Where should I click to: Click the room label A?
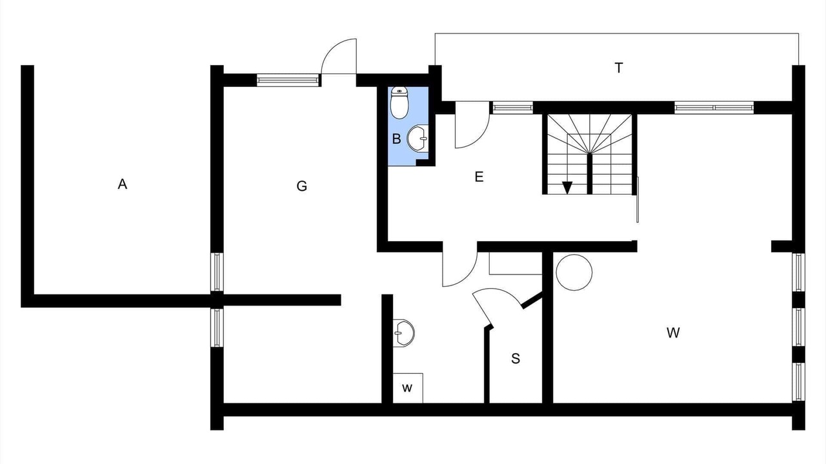(123, 185)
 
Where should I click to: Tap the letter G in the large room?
(301, 187)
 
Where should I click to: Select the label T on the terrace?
(619, 68)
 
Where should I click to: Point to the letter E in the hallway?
(479, 177)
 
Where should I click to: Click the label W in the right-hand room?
(673, 333)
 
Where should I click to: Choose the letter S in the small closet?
(516, 359)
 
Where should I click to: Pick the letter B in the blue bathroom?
(397, 138)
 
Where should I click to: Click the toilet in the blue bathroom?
(400, 103)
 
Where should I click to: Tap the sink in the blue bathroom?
(418, 137)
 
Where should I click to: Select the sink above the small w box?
(404, 333)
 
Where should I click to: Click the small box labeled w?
(408, 388)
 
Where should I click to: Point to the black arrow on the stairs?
(567, 188)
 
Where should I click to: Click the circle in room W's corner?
(574, 273)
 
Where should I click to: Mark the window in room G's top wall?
(288, 81)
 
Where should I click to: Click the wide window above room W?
(714, 108)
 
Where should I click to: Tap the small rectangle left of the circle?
(515, 264)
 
